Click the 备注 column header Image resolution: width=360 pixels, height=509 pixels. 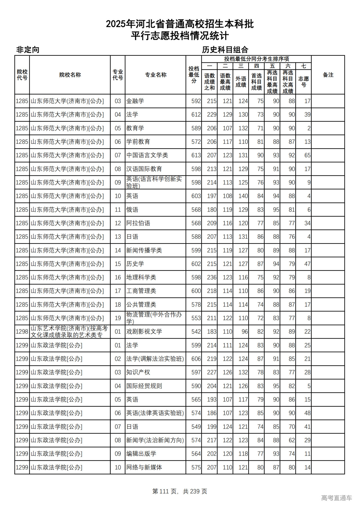pyautogui.click(x=328, y=75)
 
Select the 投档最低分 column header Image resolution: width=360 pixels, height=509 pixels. pyautogui.click(x=194, y=75)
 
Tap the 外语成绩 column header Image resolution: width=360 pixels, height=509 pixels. pyautogui.click(x=241, y=82)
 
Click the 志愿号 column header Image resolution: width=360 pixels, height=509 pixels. pyautogui.click(x=303, y=82)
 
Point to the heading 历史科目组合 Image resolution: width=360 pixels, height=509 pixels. pyautogui.click(x=225, y=50)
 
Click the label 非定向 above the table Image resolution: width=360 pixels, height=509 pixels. pyautogui.click(x=28, y=50)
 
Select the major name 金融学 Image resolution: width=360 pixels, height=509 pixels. pyautogui.click(x=135, y=101)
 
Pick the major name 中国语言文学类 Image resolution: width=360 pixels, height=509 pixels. pyautogui.click(x=147, y=155)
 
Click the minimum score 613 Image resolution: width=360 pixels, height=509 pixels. pyautogui.click(x=196, y=155)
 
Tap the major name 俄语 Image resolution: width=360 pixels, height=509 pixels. pyautogui.click(x=132, y=210)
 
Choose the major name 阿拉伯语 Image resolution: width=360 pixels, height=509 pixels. pyautogui.click(x=138, y=223)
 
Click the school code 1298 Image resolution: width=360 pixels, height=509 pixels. pyautogui.click(x=22, y=332)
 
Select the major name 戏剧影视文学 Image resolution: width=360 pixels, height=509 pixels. pyautogui.click(x=144, y=332)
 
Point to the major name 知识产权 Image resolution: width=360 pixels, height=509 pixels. pyautogui.click(x=138, y=372)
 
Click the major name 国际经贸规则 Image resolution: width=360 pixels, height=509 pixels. pyautogui.click(x=144, y=386)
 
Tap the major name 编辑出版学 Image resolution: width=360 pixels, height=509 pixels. pyautogui.click(x=141, y=454)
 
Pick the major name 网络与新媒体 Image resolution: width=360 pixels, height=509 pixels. pyautogui.click(x=144, y=467)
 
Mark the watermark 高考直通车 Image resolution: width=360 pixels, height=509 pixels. pyautogui.click(x=336, y=498)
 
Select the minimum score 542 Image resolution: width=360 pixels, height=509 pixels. pyautogui.click(x=196, y=332)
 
